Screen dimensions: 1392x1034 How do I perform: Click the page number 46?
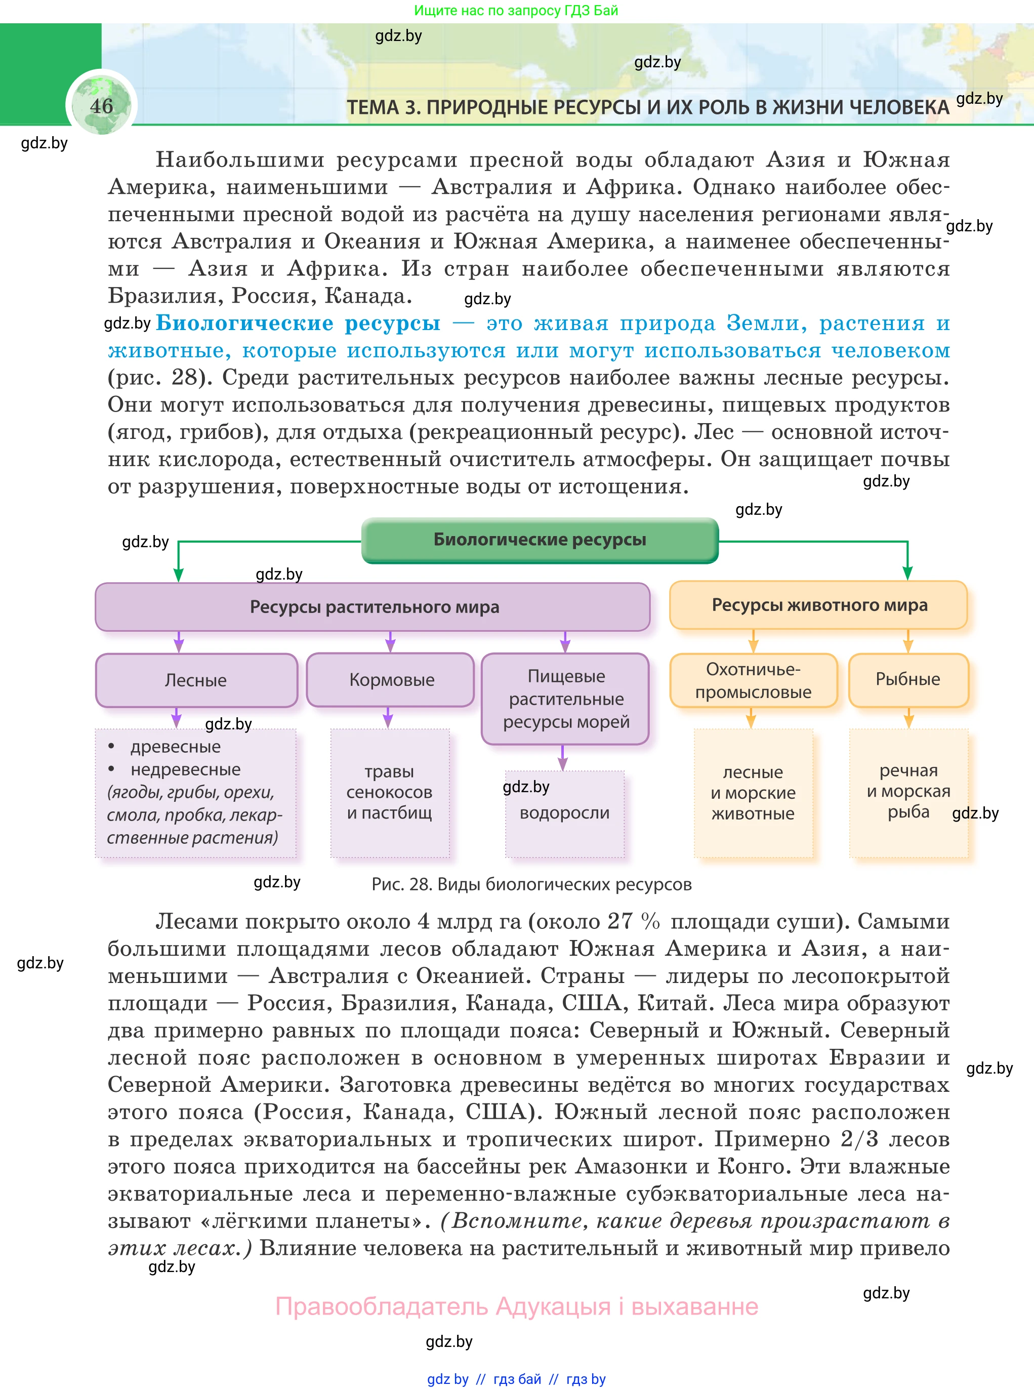101,106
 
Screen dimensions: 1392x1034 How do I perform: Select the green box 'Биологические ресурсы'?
540,540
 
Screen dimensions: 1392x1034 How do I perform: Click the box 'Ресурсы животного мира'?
819,604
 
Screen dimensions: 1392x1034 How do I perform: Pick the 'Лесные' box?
196,680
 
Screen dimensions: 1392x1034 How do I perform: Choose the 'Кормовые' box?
391,680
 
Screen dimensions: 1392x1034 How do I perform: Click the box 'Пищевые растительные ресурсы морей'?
565,699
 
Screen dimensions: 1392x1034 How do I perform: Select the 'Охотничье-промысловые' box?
753,680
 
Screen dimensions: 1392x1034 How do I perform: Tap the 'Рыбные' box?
907,679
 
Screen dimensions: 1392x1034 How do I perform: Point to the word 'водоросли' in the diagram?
564,812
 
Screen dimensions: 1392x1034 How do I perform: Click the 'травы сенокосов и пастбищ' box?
389,792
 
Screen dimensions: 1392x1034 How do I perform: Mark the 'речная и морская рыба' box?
908,791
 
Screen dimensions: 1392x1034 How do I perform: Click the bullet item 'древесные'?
175,747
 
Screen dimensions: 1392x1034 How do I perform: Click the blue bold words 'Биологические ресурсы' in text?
298,323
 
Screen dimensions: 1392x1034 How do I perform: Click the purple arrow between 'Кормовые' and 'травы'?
388,717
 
